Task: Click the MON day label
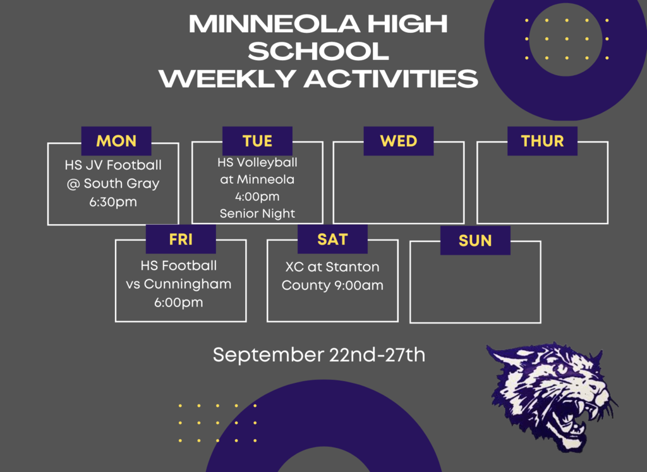[116, 141]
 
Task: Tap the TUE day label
[258, 141]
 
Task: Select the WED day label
[399, 141]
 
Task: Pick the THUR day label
[542, 141]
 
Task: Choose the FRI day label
[181, 239]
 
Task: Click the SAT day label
[332, 239]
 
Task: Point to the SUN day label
[475, 241]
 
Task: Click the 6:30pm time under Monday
[113, 202]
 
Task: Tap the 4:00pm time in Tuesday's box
[257, 197]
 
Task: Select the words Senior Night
[257, 214]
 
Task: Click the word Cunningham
[188, 284]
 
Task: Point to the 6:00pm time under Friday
[179, 303]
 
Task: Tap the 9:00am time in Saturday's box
[358, 286]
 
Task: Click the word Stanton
[353, 267]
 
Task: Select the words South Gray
[121, 184]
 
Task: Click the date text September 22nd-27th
[319, 355]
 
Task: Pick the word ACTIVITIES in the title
[391, 78]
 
